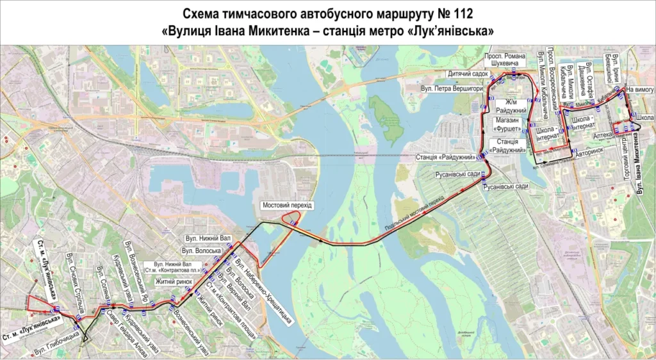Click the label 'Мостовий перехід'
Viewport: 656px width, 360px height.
tap(287, 204)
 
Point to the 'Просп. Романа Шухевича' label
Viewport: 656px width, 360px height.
tap(505, 60)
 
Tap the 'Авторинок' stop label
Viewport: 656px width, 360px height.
tap(589, 152)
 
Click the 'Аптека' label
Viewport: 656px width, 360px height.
tap(602, 136)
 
